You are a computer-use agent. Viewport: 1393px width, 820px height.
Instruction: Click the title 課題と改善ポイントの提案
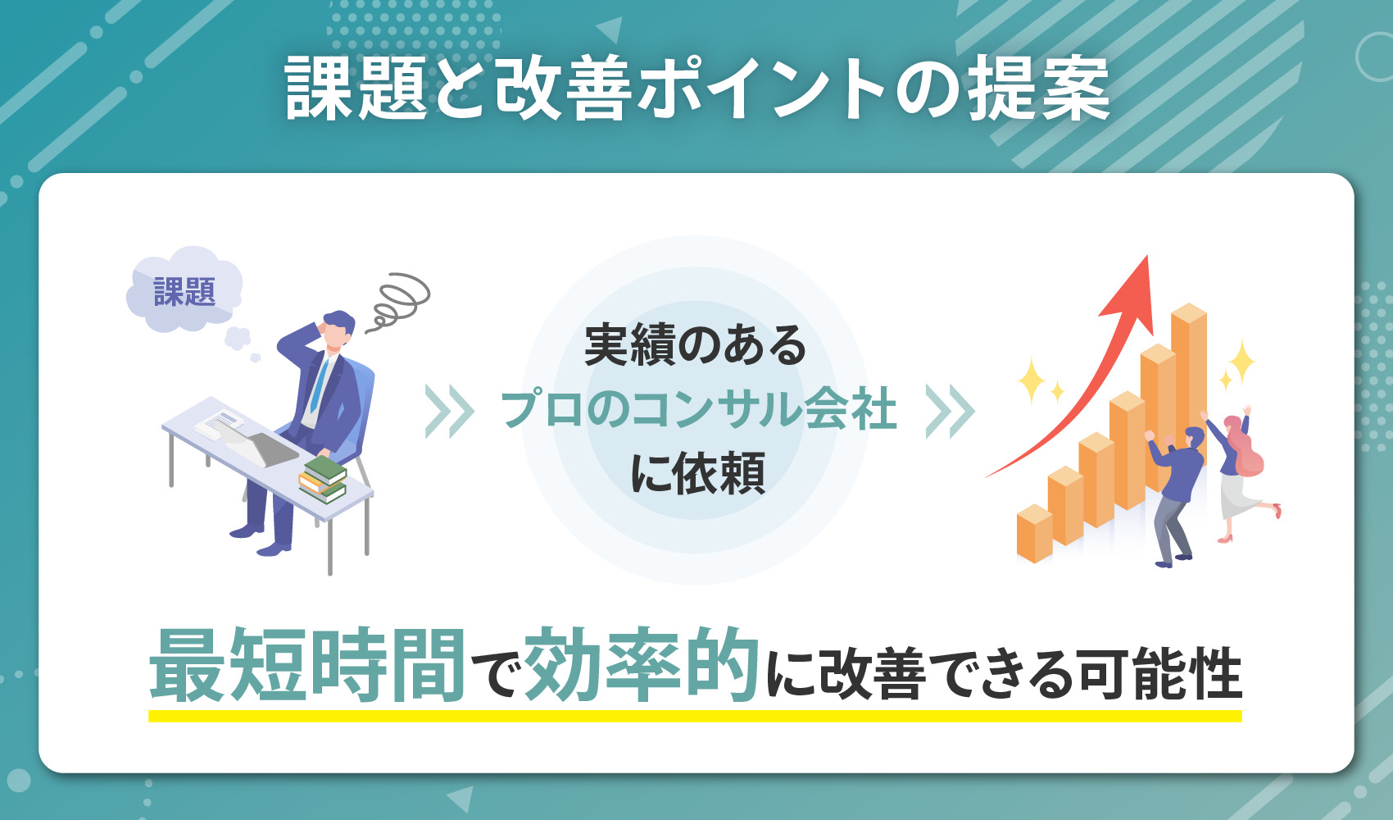(696, 89)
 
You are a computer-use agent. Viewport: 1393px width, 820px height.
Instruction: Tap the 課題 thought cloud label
(184, 292)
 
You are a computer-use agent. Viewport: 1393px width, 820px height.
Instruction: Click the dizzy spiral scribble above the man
(399, 300)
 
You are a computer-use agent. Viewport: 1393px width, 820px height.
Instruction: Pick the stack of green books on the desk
(323, 479)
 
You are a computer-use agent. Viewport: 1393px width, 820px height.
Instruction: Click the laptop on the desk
(262, 447)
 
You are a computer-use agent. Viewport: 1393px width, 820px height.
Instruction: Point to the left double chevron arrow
(449, 412)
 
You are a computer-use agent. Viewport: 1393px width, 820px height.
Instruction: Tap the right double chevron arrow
(950, 412)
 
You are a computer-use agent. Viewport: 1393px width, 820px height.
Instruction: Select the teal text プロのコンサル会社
(698, 409)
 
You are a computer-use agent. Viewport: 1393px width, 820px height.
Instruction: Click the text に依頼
(697, 473)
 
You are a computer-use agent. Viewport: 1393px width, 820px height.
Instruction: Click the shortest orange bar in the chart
(1034, 534)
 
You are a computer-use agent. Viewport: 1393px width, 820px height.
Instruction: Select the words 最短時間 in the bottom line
(307, 666)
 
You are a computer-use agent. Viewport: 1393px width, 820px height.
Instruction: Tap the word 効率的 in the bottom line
(642, 666)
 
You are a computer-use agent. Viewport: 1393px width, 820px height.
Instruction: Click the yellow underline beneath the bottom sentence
(695, 716)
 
